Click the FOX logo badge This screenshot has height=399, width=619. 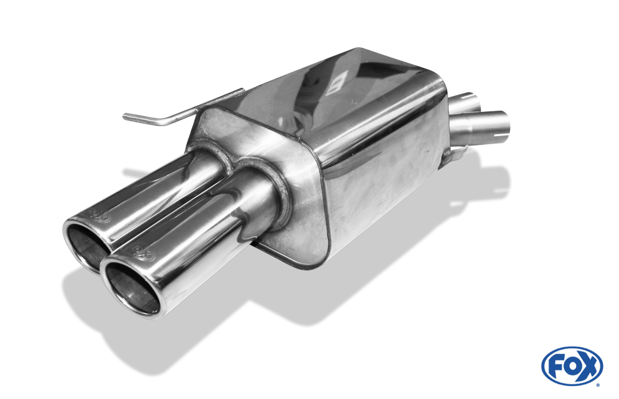point(571,366)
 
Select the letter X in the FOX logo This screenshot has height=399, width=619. point(589,366)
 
